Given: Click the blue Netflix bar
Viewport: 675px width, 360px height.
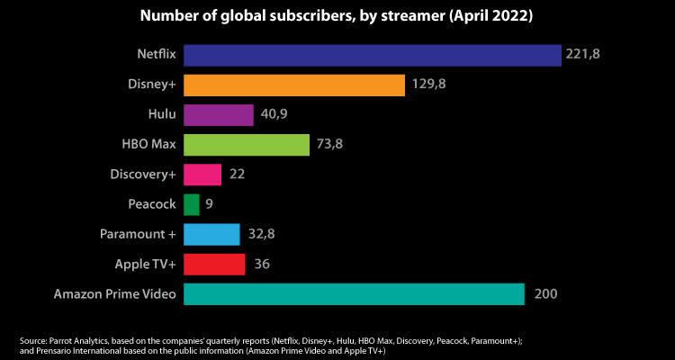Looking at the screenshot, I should tap(372, 55).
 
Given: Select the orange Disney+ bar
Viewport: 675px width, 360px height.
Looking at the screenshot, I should tap(293, 85).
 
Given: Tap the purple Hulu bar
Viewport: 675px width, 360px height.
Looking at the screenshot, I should tap(219, 114).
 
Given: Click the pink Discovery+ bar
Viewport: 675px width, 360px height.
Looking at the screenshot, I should tap(202, 175).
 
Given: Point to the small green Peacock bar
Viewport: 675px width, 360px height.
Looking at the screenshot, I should tap(192, 204).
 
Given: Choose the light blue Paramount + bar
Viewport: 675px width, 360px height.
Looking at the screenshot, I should tap(211, 234).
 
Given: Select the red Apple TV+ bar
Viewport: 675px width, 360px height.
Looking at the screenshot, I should tap(214, 264).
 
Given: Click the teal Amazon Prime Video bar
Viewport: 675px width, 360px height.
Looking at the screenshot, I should tap(354, 294).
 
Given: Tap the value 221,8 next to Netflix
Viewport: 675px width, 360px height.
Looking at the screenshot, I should tap(583, 55).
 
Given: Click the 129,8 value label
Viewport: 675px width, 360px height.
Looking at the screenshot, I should tap(427, 85).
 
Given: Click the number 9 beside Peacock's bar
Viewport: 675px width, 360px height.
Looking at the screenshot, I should tap(209, 204).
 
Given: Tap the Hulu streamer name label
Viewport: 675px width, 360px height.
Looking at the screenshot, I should tap(158, 114).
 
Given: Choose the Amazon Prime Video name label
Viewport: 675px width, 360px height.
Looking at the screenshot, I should tap(114, 294).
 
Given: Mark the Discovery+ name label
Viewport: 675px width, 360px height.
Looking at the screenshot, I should tap(139, 175).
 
